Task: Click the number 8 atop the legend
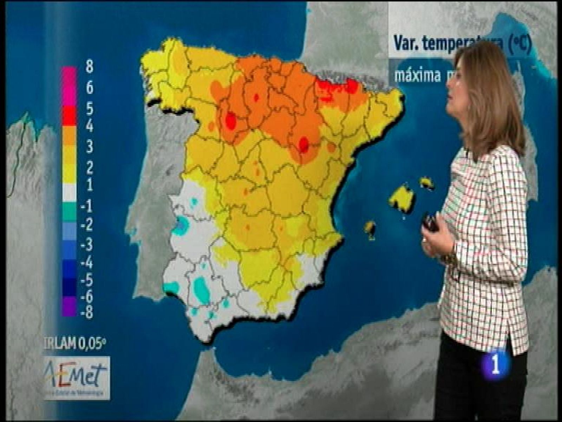pos(89,66)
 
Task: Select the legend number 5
pos(89,109)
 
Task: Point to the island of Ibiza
pos(370,229)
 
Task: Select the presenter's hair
pos(492,95)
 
